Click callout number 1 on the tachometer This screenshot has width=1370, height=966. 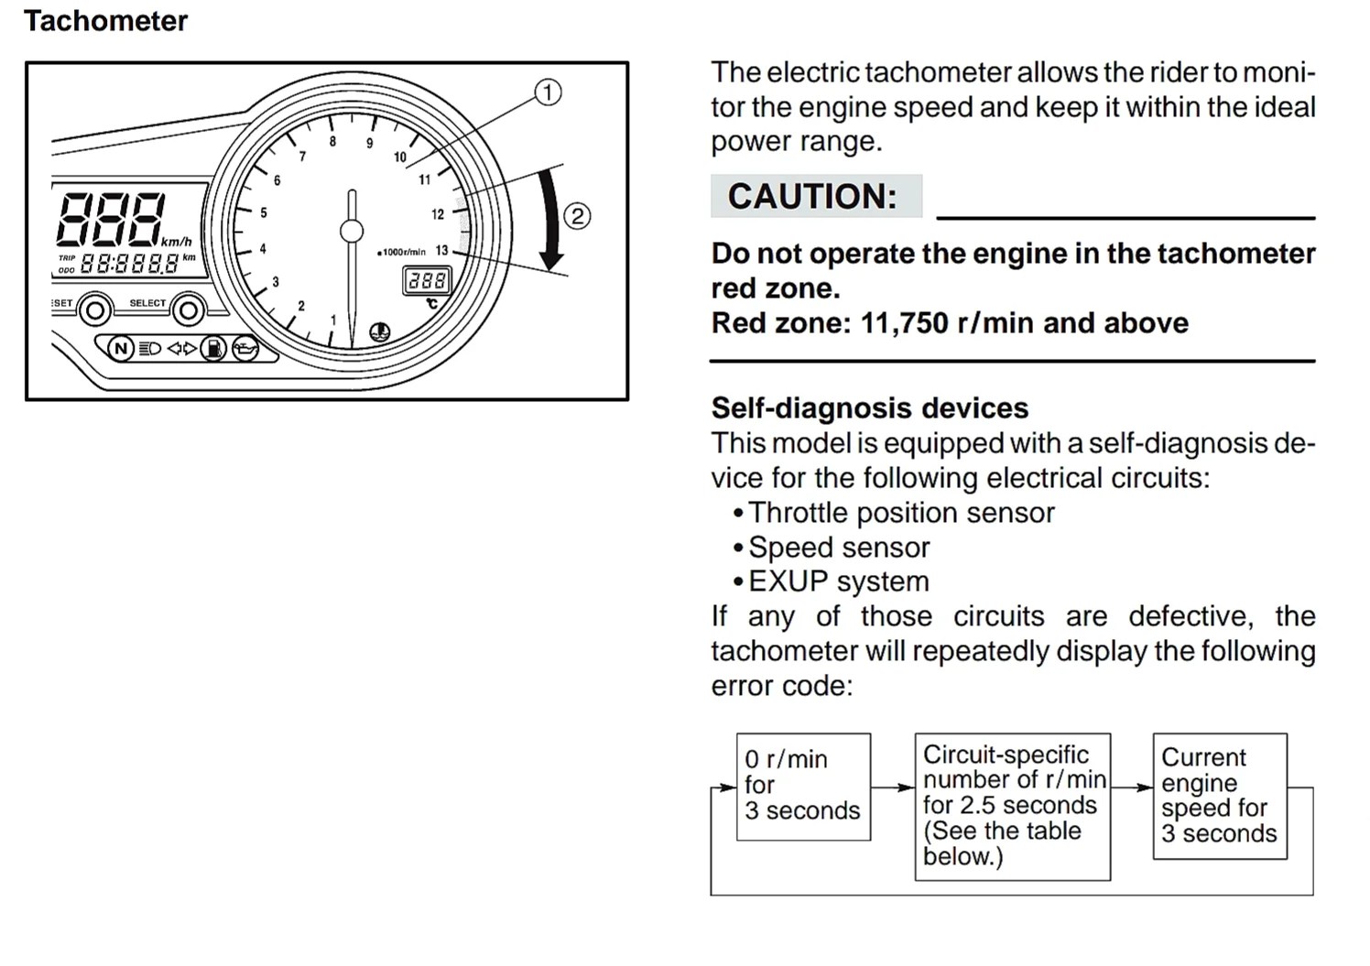(x=548, y=92)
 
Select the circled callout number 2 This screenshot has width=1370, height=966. (x=576, y=216)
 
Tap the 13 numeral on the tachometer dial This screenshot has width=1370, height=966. (x=441, y=250)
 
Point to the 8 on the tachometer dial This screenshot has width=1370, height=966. (x=332, y=141)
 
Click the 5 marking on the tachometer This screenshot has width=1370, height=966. (x=264, y=212)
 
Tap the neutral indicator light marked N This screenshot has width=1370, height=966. (x=121, y=348)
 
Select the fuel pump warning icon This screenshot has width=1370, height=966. (x=212, y=348)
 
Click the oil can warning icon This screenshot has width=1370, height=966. (x=245, y=348)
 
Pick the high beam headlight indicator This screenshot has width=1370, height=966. (x=149, y=348)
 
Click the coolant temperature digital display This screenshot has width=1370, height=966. (x=427, y=280)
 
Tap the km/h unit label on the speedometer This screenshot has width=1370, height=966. (x=177, y=242)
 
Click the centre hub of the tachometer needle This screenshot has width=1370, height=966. (x=352, y=231)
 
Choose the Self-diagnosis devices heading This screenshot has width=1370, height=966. (x=869, y=407)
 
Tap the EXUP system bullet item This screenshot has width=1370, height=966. (x=838, y=581)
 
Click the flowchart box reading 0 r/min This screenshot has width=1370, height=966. (x=803, y=786)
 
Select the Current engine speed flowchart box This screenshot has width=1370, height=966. (x=1219, y=795)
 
